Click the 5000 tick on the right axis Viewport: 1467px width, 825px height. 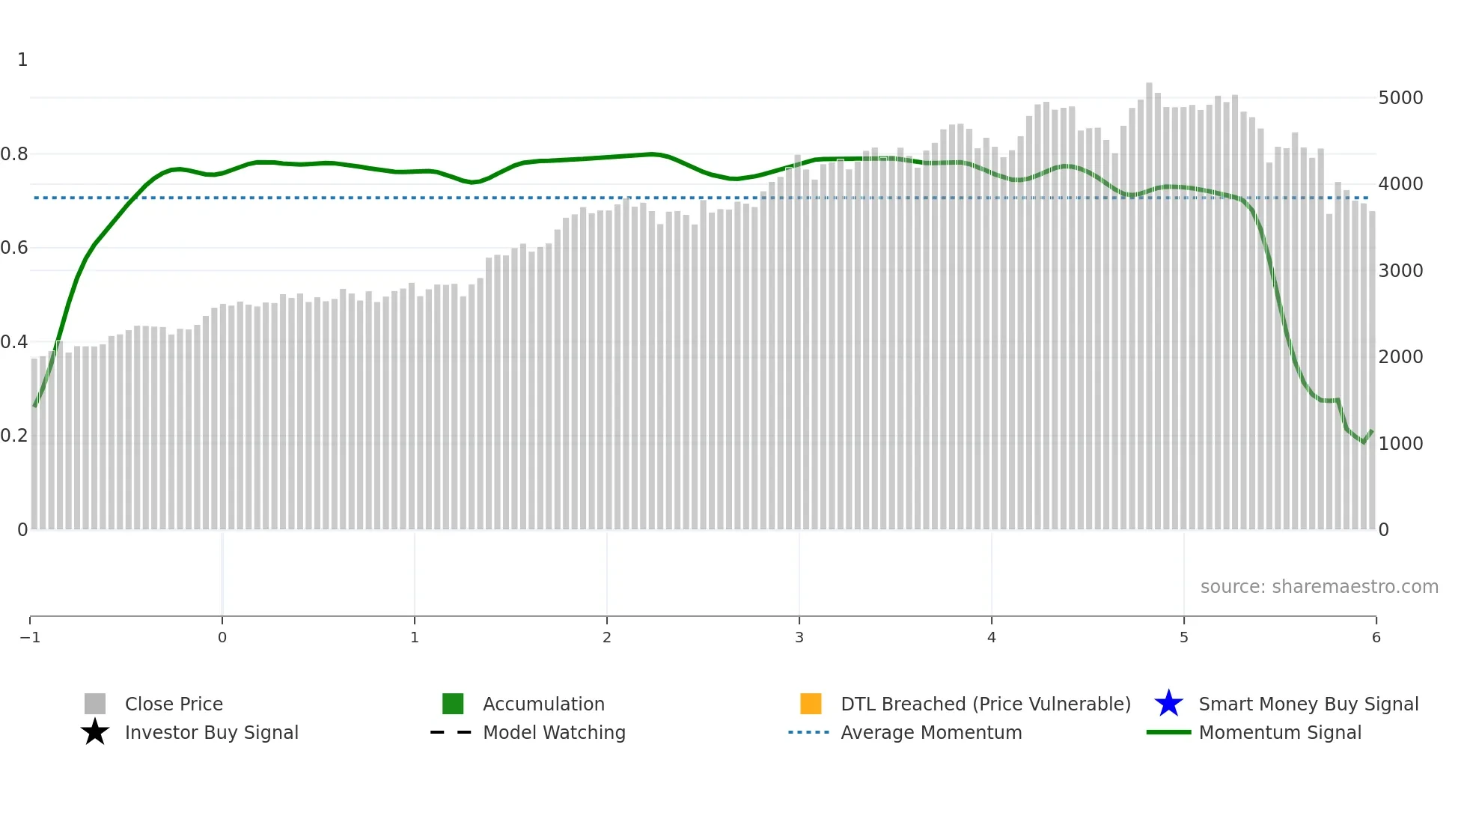pos(1400,98)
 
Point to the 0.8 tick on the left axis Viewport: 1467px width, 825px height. pos(14,154)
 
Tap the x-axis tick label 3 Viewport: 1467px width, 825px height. pos(799,638)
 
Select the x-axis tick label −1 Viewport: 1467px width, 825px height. pos(30,638)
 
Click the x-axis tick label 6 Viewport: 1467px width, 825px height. pos(1376,638)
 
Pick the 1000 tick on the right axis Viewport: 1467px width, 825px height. pos(1400,444)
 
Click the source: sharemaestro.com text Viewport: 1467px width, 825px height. pos(1319,587)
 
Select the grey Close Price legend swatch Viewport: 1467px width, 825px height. pos(95,704)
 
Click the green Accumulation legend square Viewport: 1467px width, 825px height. pos(453,704)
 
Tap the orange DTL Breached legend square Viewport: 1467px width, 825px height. pos(811,704)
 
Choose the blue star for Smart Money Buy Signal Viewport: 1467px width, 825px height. pos(1168,704)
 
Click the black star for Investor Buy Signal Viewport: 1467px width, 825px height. pos(95,732)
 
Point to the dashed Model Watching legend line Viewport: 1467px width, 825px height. pos(451,732)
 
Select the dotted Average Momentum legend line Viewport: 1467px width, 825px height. pos(809,732)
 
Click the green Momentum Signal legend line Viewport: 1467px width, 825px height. pos(1168,732)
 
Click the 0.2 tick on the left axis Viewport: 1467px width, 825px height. pos(14,436)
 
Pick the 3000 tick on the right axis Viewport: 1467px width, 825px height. pos(1400,271)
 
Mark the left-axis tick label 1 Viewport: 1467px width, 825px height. pos(22,60)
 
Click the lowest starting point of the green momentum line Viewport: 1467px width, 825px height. pos(34,406)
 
